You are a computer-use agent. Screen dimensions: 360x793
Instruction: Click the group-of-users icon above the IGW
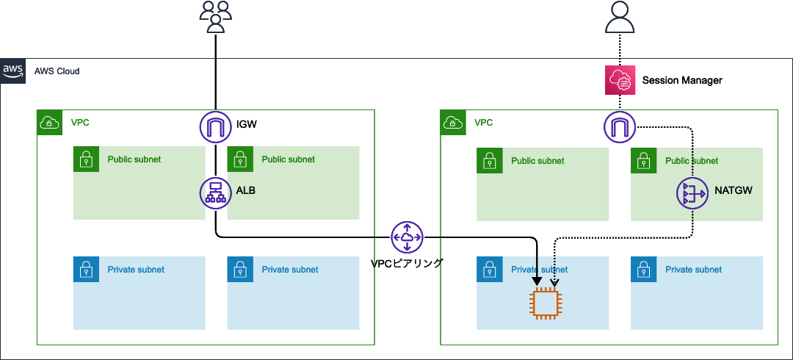215,17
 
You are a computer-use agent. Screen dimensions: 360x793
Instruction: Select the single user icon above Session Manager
619,17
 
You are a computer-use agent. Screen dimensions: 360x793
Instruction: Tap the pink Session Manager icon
619,80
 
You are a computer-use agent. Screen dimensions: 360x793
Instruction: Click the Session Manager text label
682,80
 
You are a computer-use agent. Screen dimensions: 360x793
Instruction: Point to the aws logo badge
12,71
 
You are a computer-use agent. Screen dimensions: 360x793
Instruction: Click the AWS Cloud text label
57,71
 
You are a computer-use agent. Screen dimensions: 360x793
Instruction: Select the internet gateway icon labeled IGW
215,127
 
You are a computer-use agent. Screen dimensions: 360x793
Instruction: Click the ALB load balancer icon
215,193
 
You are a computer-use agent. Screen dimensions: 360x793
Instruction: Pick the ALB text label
246,190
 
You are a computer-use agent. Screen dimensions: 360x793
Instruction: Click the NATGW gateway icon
692,193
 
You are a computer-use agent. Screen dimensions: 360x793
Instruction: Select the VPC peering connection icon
407,237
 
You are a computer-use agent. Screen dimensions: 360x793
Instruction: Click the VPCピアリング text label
407,262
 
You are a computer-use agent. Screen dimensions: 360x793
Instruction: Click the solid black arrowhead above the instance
538,280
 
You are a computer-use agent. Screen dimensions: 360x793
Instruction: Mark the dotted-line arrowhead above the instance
554,281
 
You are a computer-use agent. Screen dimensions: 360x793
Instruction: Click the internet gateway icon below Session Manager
619,127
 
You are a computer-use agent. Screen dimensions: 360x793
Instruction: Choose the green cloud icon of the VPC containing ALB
49,122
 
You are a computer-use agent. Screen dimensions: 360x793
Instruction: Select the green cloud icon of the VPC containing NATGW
452,122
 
